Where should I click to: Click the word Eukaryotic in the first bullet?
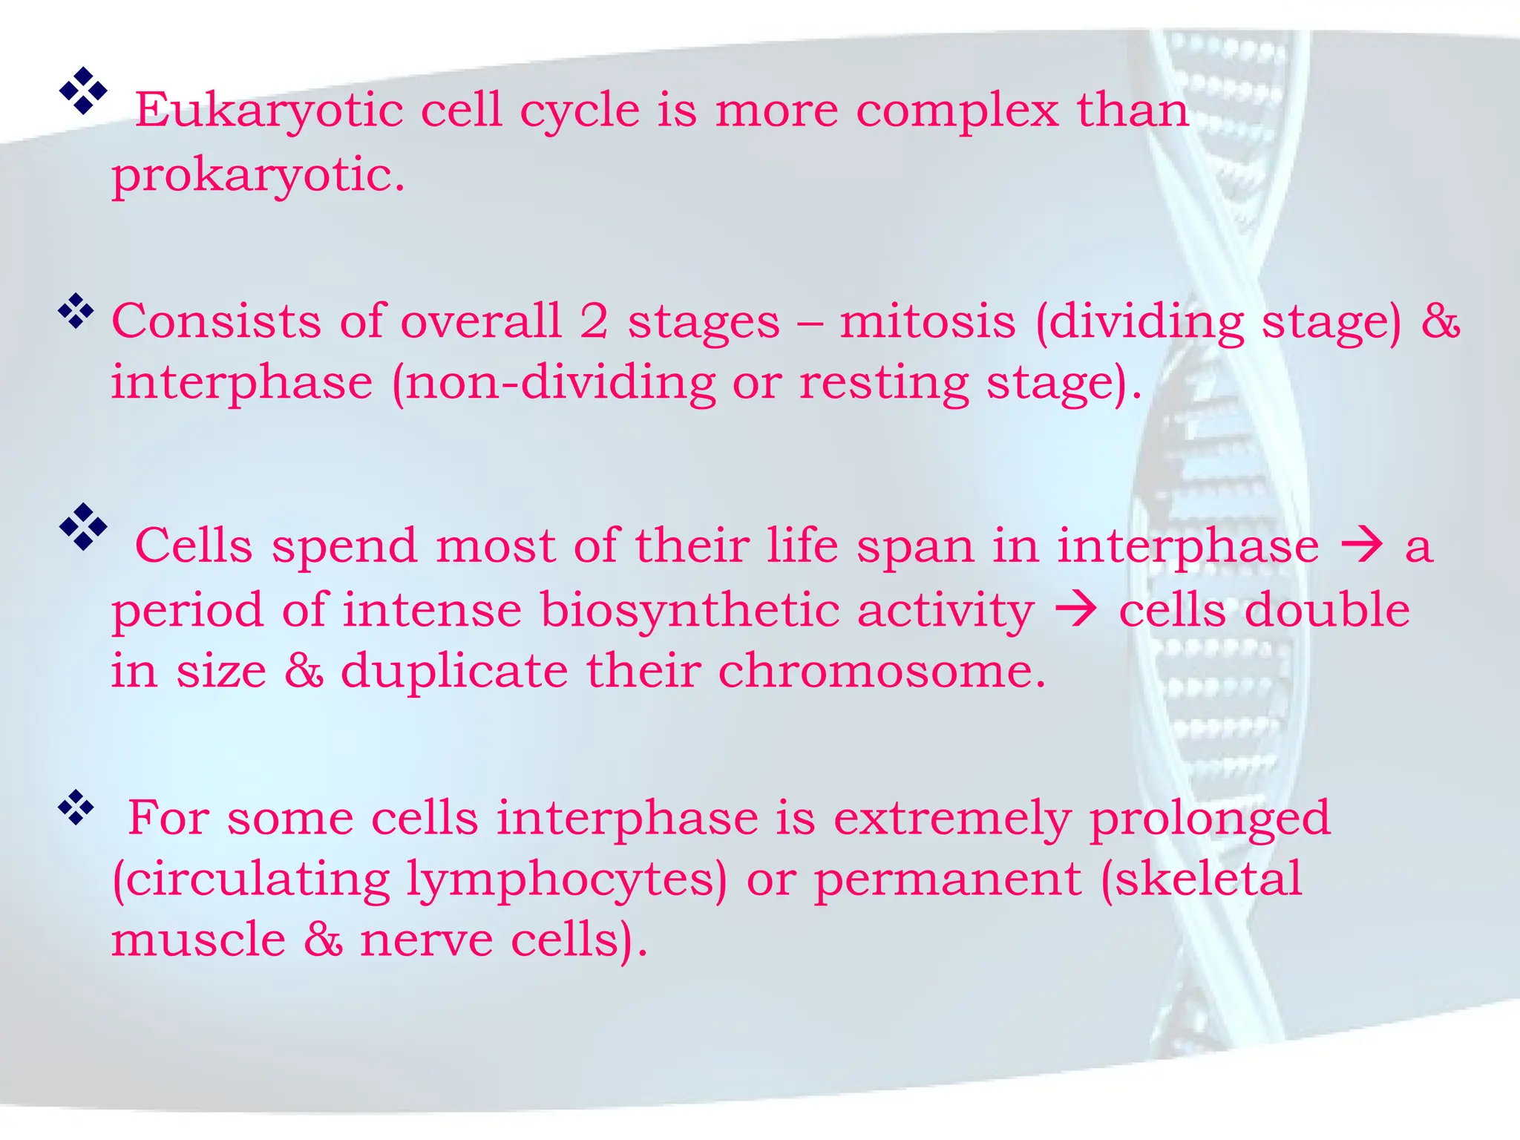point(269,111)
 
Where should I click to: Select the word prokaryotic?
point(258,177)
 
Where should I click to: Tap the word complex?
point(957,111)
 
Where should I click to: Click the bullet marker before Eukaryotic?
point(83,91)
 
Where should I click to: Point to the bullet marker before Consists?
point(76,312)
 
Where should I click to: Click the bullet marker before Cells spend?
point(83,526)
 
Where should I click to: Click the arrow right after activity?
point(1076,610)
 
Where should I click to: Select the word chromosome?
point(882,671)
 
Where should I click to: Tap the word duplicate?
point(454,671)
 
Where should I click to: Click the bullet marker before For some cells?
point(76,808)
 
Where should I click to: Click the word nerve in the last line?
point(426,940)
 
